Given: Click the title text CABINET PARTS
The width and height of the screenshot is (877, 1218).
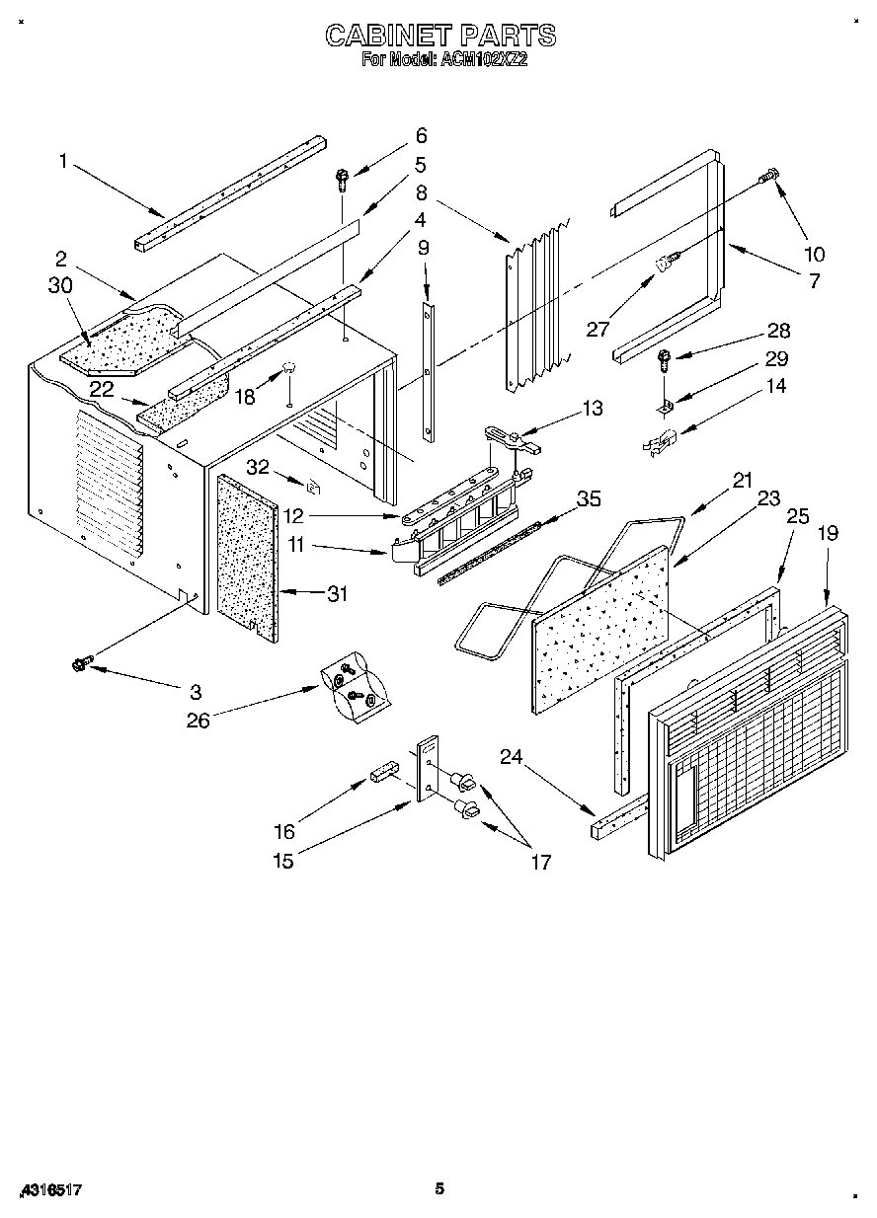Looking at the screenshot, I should point(440,36).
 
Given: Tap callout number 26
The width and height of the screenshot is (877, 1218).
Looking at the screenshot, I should point(199,721).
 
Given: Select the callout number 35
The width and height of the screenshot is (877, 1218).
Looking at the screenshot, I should point(589,499).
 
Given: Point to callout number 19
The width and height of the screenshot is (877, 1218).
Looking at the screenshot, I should point(828,533).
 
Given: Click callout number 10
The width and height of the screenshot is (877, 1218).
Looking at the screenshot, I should point(816,254).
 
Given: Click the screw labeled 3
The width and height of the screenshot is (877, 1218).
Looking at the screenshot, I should point(80,665).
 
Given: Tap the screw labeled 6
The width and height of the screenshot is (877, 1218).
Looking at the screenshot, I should point(342,180).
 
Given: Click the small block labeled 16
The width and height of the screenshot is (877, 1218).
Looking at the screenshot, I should point(384,771).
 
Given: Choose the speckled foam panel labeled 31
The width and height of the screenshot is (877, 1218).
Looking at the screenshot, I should point(244,558).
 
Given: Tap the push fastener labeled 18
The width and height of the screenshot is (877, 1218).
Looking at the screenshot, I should point(290,369).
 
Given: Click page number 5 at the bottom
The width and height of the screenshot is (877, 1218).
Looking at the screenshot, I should point(439,1188).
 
